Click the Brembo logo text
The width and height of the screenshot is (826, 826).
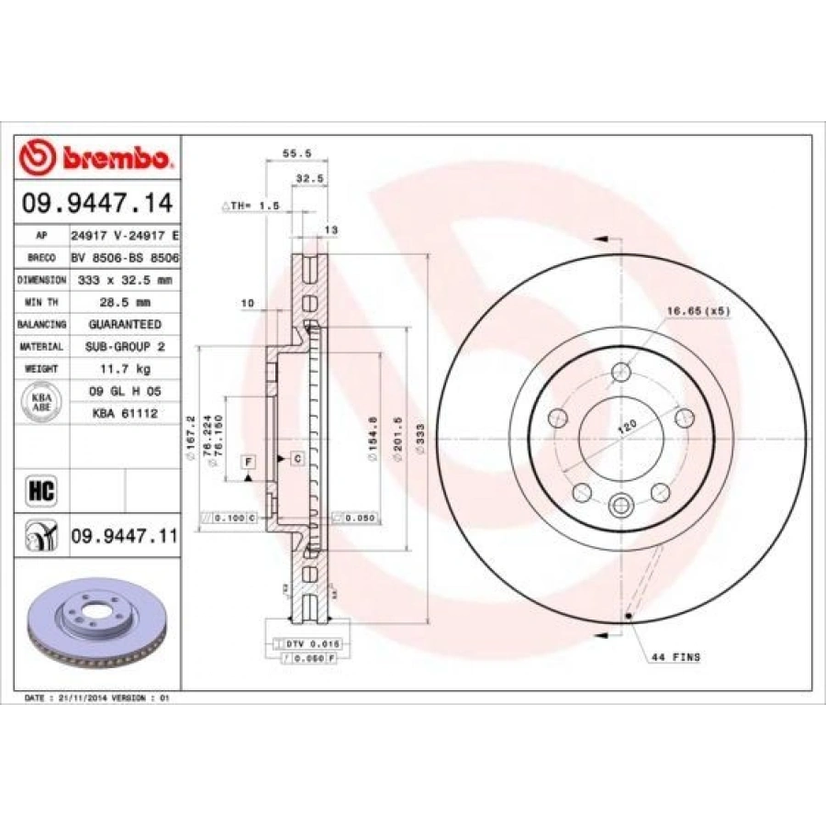pyautogui.click(x=115, y=158)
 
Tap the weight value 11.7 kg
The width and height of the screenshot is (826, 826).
pyautogui.click(x=124, y=368)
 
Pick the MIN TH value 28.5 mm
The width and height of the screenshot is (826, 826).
pyautogui.click(x=124, y=302)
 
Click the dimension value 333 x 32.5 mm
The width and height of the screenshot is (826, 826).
pyautogui.click(x=124, y=279)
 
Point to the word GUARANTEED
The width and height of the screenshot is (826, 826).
pyautogui.click(x=124, y=324)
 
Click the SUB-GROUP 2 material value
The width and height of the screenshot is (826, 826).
pyautogui.click(x=124, y=346)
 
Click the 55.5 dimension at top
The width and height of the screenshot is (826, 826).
pyautogui.click(x=292, y=153)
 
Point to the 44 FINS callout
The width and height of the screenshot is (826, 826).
pyautogui.click(x=675, y=657)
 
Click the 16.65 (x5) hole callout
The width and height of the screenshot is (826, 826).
pyautogui.click(x=699, y=312)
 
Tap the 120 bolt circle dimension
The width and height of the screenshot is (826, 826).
pyautogui.click(x=628, y=427)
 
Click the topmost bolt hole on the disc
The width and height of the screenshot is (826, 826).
pyautogui.click(x=622, y=372)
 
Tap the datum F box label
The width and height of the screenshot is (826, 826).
pyautogui.click(x=249, y=458)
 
